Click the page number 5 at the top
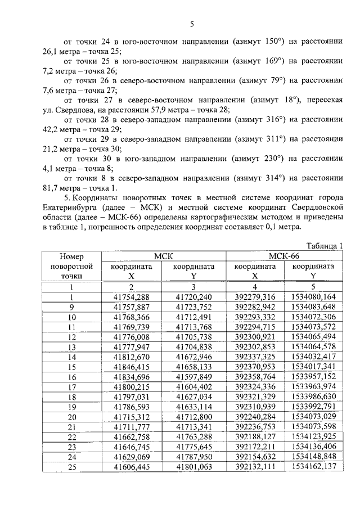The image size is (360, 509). click(x=191, y=24)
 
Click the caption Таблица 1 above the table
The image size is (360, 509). click(x=325, y=246)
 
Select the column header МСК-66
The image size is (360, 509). click(x=285, y=256)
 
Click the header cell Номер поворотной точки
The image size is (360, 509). click(x=71, y=266)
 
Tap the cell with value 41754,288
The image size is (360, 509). click(x=131, y=296)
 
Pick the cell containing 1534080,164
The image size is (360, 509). click(x=314, y=296)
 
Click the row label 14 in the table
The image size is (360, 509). click(x=71, y=357)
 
